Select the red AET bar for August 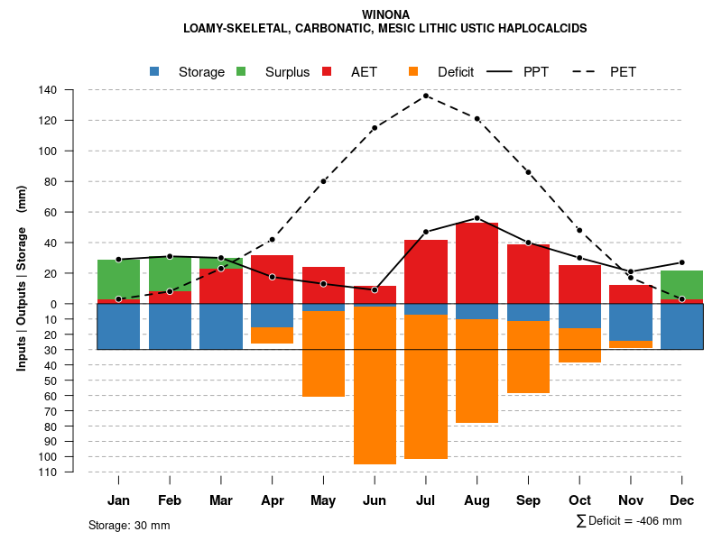[477, 270]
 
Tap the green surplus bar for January [118, 280]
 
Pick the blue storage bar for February [170, 326]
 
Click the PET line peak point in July [426, 95]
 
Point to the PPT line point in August [477, 218]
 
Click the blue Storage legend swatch [155, 71]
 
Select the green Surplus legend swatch [241, 71]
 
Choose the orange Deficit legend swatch [412, 71]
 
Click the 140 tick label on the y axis [48, 90]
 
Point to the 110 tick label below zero [48, 472]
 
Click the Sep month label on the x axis [528, 500]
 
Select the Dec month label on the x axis [682, 500]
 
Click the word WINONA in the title [385, 14]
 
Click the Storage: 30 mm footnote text [129, 525]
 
